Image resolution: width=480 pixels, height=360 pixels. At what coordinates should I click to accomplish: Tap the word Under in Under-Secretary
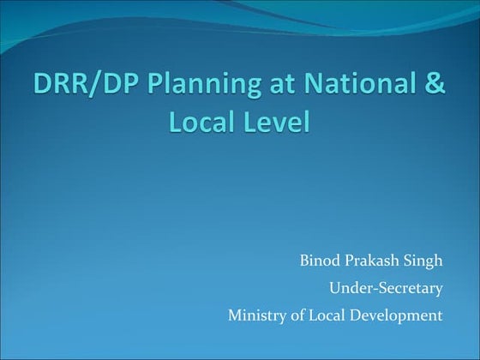[x=347, y=288]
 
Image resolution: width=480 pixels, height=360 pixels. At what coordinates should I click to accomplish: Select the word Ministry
[x=255, y=315]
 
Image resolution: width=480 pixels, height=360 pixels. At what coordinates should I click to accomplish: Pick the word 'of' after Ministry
[x=294, y=315]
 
